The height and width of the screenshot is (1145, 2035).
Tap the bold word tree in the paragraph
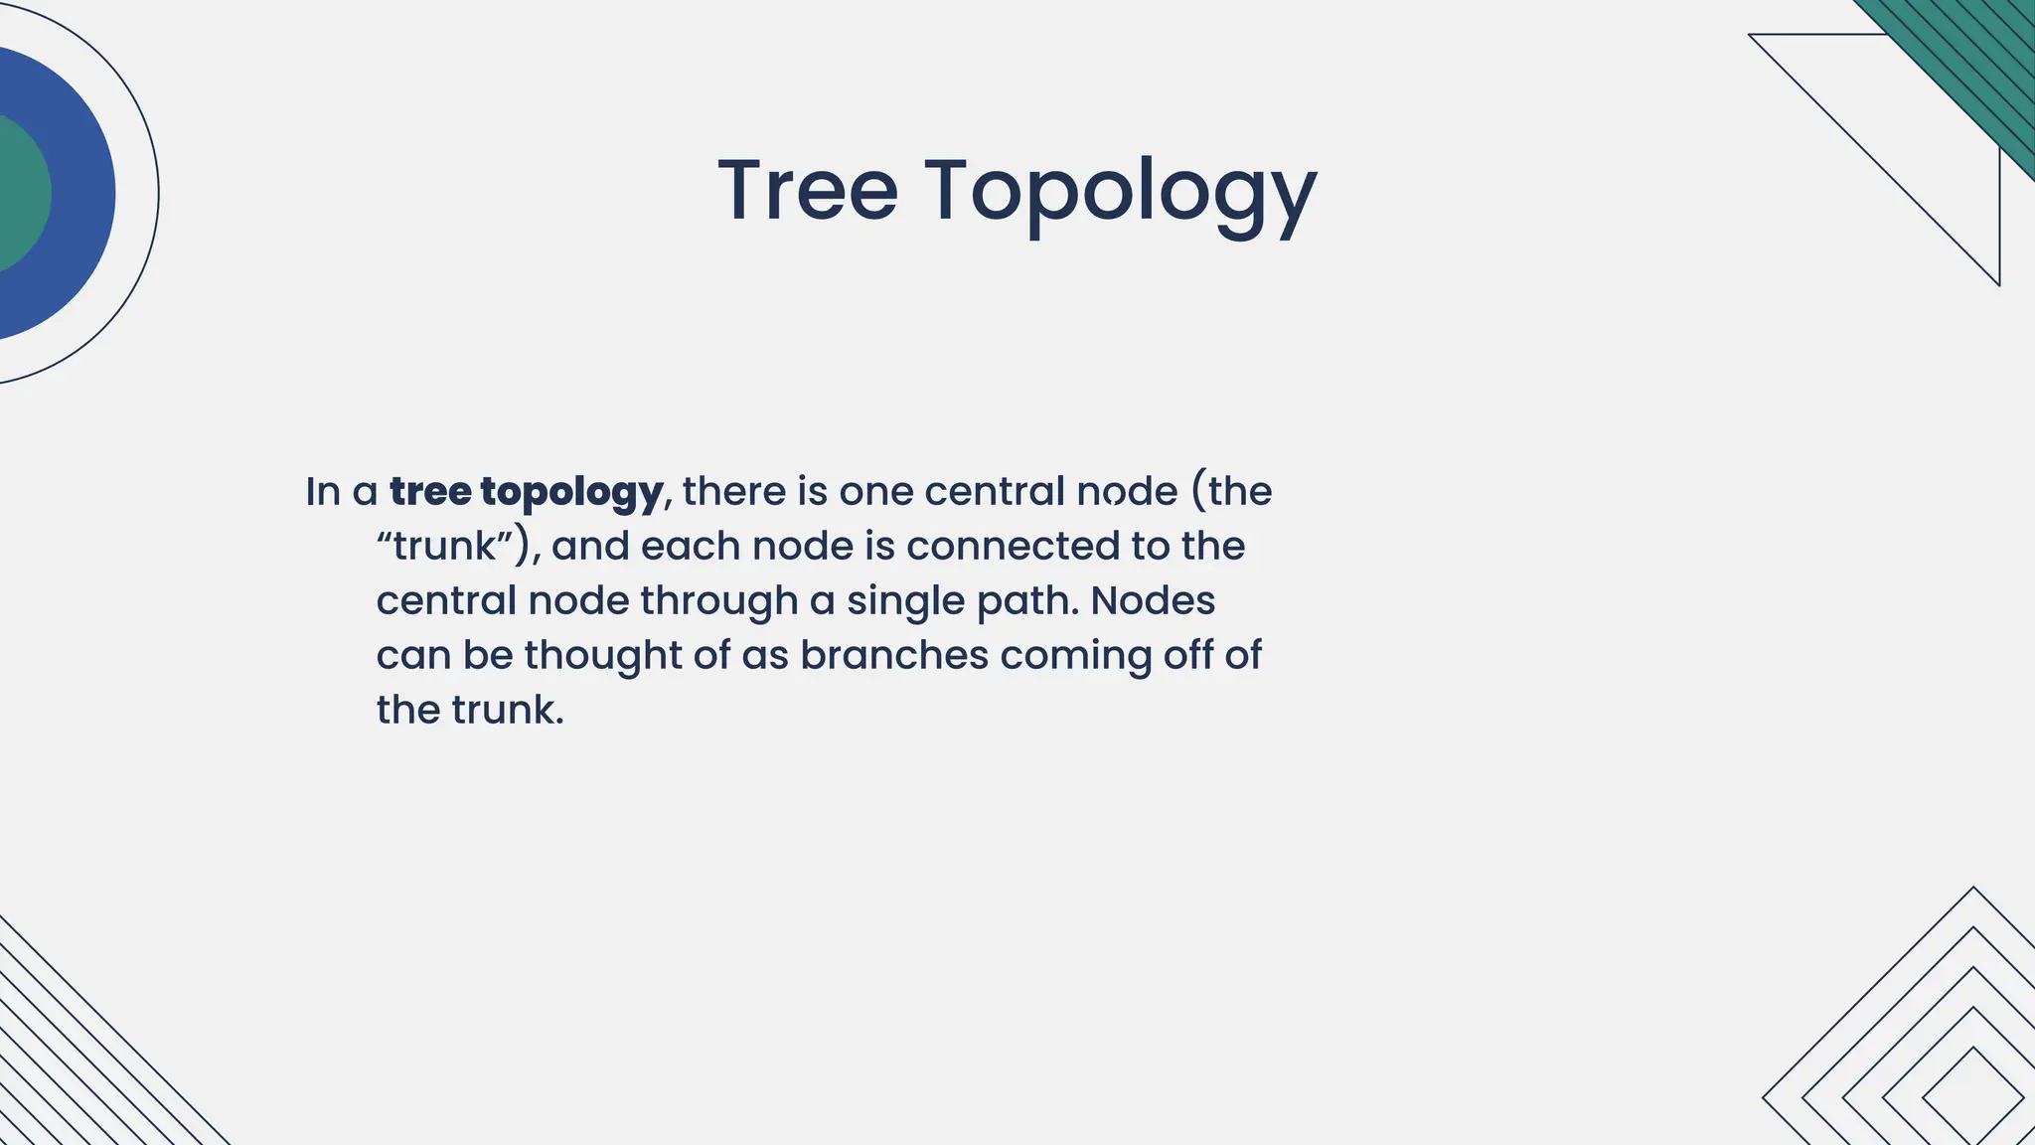429,491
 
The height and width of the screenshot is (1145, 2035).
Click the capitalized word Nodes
1153,600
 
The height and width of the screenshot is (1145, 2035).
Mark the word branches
893,655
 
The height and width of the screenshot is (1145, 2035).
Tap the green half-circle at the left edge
20,194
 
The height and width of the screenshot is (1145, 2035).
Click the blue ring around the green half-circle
84,194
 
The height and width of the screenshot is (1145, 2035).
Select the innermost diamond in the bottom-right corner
1972,1096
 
